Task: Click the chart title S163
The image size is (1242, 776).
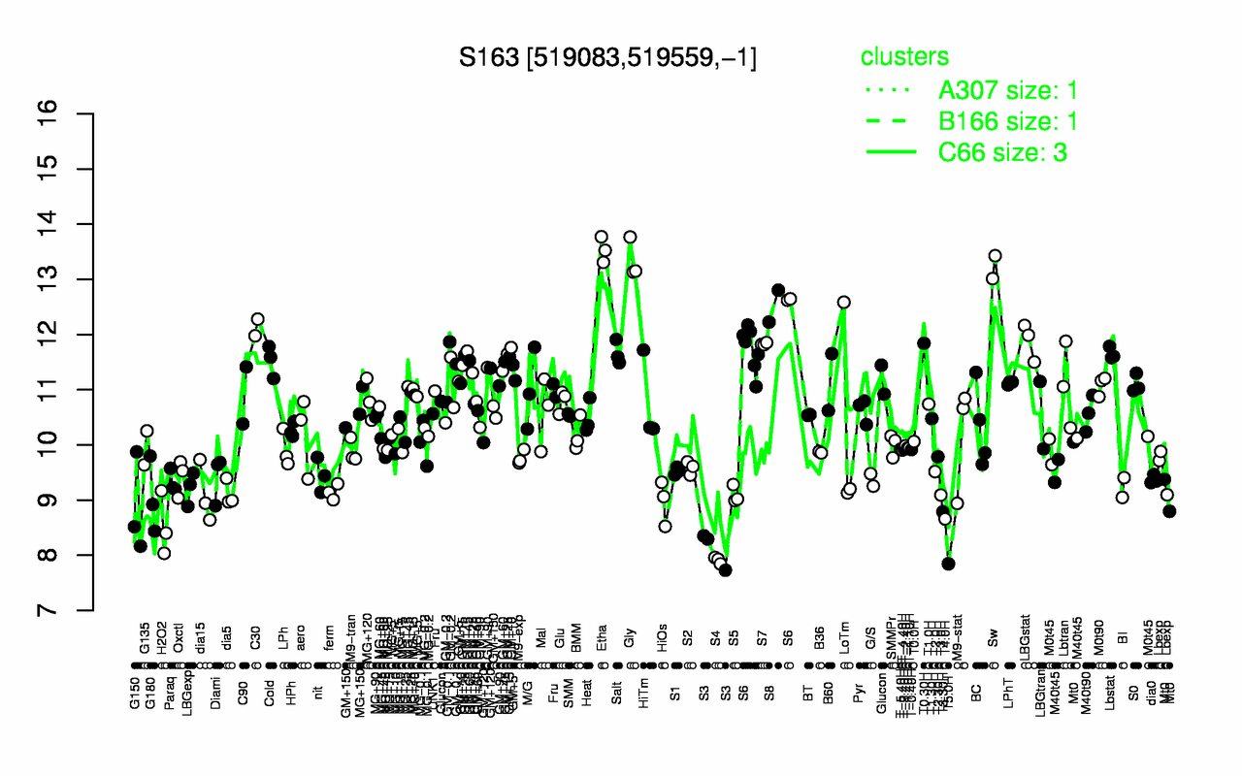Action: [x=607, y=57]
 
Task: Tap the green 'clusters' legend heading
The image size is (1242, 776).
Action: [x=904, y=57]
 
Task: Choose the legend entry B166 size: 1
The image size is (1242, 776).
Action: [x=1007, y=121]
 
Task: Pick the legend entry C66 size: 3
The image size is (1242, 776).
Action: [x=1003, y=152]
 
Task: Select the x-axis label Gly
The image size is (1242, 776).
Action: [x=630, y=636]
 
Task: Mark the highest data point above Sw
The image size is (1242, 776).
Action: [x=995, y=256]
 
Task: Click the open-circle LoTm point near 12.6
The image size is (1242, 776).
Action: [x=843, y=303]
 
